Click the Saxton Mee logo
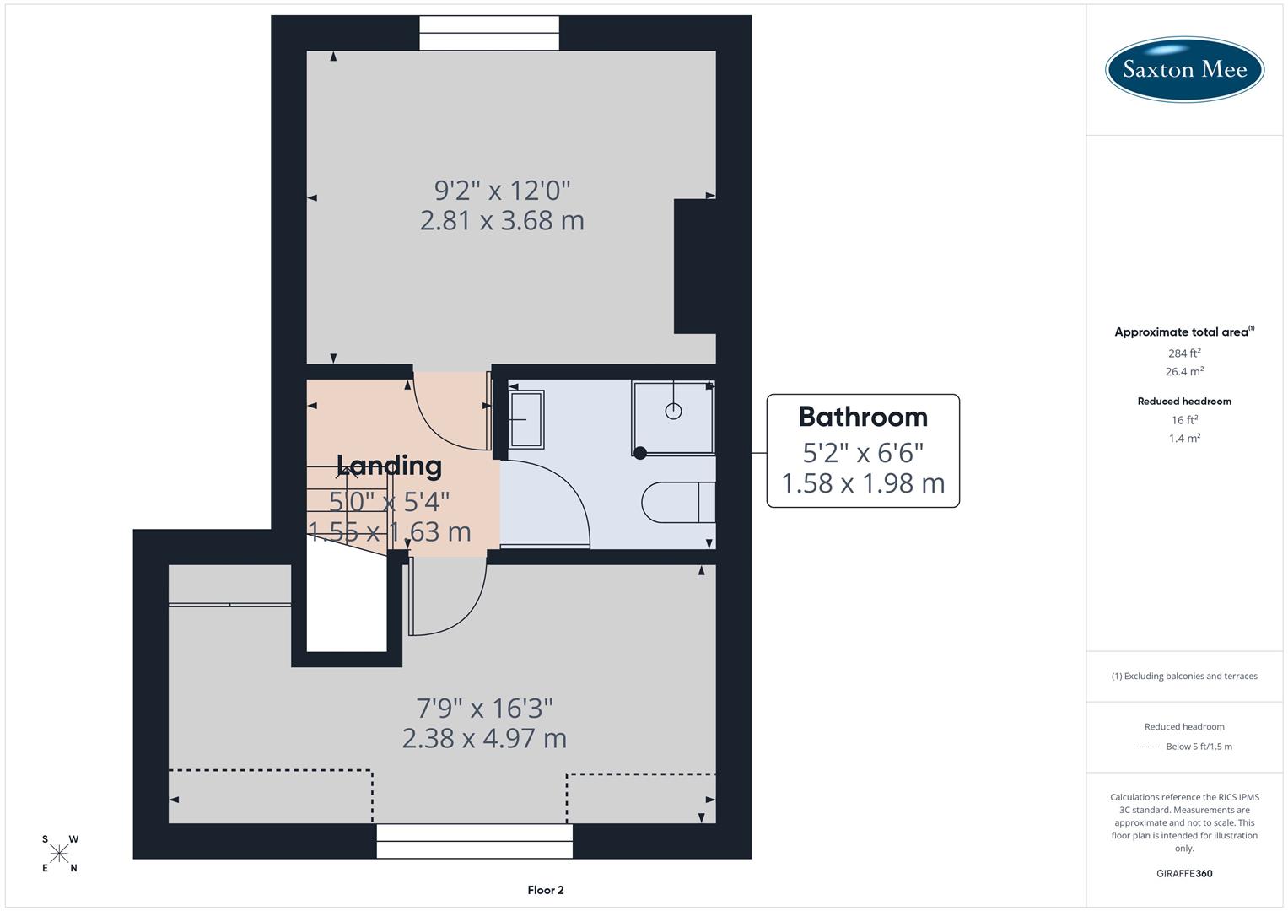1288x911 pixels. [1184, 69]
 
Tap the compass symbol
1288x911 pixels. [59, 854]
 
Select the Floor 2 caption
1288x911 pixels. [545, 890]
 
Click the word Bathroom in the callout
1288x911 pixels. [862, 417]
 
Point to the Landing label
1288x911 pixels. [389, 466]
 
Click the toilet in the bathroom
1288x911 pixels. [677, 503]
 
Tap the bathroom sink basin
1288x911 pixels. [526, 418]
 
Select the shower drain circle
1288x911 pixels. [673, 411]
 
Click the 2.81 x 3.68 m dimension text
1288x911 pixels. [502, 221]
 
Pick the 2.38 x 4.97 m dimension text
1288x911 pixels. [484, 739]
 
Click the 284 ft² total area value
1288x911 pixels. [1184, 353]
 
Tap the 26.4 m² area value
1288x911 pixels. [1184, 371]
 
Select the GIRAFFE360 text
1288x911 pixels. [1184, 873]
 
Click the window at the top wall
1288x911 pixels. [489, 33]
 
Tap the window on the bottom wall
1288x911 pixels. [474, 841]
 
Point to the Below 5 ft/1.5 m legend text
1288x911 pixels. [1199, 747]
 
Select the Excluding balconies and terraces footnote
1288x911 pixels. [1184, 676]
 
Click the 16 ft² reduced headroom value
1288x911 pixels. [1184, 420]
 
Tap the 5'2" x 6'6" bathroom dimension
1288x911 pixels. [862, 453]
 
